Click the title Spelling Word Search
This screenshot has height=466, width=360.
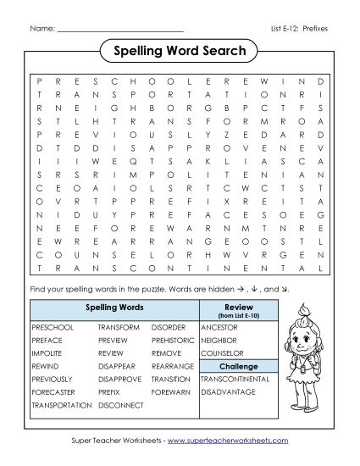tap(180, 52)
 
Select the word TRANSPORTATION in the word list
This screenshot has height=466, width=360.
tap(61, 405)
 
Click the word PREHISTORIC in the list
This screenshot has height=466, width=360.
tap(174, 340)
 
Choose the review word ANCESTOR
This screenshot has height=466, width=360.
tap(219, 326)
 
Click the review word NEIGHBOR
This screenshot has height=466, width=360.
tap(219, 340)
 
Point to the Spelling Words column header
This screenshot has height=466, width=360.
tap(114, 306)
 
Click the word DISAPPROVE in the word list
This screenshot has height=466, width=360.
tap(120, 379)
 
